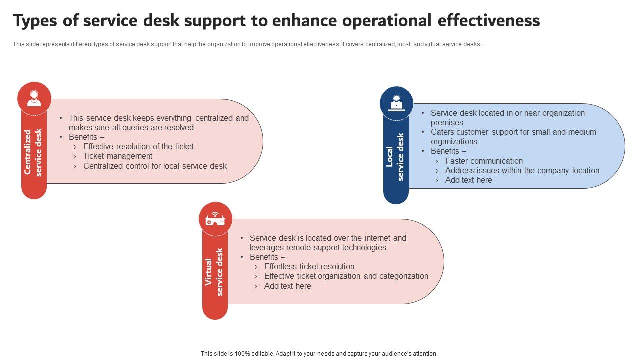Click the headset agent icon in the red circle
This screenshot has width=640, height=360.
(34, 98)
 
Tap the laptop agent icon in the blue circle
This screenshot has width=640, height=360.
(396, 103)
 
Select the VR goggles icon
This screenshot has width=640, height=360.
(215, 219)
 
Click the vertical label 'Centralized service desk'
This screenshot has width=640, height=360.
(33, 152)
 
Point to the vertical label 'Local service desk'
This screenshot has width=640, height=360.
(395, 157)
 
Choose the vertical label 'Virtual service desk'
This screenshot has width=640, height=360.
(214, 272)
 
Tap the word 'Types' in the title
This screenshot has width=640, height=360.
(34, 20)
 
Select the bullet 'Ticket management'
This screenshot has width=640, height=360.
(118, 156)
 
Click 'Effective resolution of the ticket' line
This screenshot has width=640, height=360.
(138, 147)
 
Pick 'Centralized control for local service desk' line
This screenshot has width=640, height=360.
(155, 166)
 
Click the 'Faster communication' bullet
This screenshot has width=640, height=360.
(484, 161)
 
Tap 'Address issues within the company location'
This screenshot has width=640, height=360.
(522, 170)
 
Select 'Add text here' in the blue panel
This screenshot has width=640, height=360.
(468, 180)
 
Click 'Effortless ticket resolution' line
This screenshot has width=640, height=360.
(309, 267)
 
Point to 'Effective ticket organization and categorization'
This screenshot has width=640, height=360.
(346, 276)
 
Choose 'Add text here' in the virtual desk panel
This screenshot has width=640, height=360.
(287, 286)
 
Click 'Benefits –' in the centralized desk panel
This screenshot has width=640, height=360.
(86, 137)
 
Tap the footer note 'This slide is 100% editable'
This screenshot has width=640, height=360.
(319, 353)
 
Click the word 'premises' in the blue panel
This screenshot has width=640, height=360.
(447, 123)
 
